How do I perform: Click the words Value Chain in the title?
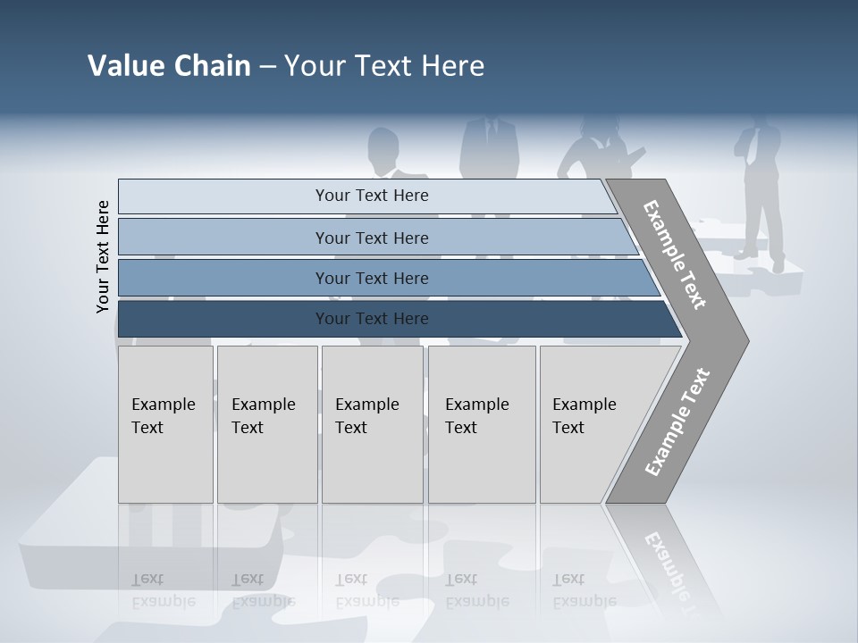(169, 66)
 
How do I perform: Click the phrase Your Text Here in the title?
(384, 66)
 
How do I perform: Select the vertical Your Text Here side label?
(104, 256)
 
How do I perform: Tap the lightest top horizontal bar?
(371, 196)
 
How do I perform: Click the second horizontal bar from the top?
(371, 238)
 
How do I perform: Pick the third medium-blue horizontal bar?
(371, 278)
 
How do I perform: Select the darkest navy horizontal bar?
(371, 319)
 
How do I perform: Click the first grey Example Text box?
(165, 424)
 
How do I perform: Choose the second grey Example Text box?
(266, 424)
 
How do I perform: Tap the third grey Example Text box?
(372, 424)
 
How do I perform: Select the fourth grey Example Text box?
(481, 424)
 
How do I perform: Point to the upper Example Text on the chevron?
(675, 255)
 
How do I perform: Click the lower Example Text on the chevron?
(677, 422)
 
